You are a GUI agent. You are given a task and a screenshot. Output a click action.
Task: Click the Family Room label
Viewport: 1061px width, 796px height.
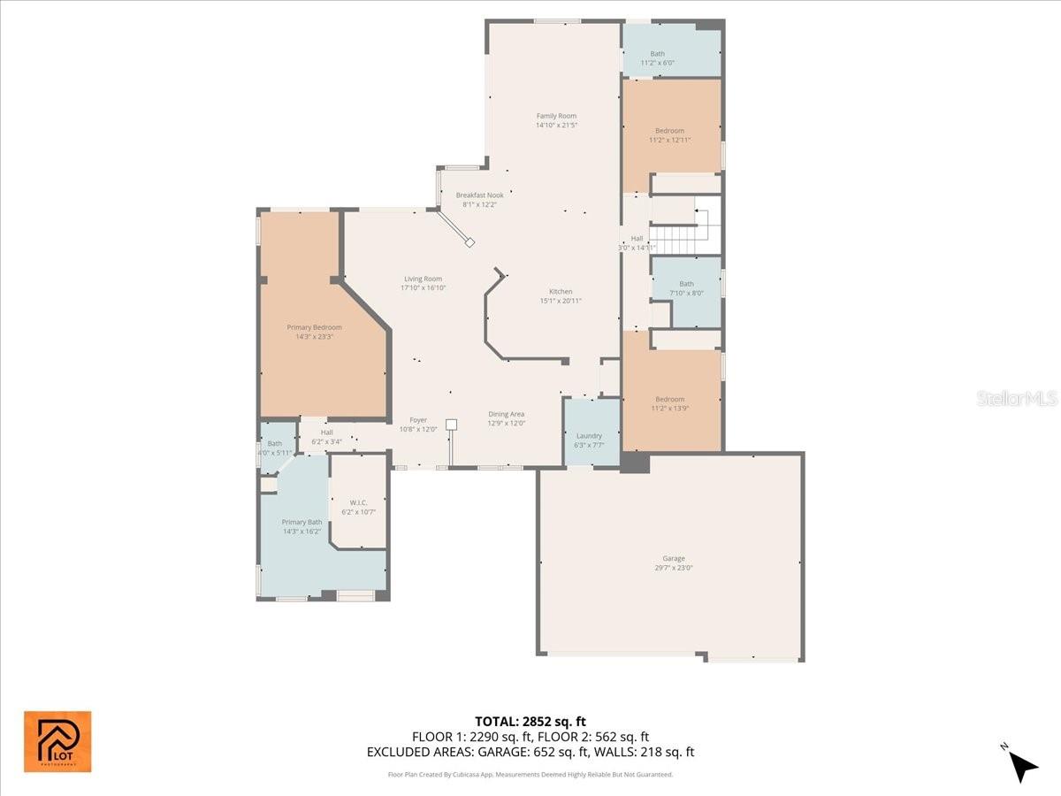(555, 120)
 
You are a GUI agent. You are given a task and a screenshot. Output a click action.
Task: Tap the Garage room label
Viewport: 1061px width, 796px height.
(674, 563)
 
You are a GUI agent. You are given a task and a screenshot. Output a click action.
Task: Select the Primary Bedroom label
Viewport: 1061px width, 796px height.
(314, 332)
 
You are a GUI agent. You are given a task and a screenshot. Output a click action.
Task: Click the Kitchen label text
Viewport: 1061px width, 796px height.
(561, 295)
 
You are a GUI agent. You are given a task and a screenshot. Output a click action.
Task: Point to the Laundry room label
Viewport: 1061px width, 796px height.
(589, 440)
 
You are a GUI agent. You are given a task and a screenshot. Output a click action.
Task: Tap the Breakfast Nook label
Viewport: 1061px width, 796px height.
(479, 199)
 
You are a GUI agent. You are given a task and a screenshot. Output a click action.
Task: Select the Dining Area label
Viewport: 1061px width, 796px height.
(507, 418)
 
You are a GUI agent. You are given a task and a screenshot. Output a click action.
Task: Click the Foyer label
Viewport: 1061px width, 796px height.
(418, 425)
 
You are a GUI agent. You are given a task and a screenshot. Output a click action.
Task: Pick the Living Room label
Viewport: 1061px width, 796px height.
(423, 283)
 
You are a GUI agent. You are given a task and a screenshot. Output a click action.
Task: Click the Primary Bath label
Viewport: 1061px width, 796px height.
(302, 526)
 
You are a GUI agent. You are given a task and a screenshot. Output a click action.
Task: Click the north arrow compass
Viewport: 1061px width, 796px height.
(1021, 762)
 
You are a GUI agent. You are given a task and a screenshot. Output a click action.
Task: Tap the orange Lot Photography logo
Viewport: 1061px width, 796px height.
(57, 741)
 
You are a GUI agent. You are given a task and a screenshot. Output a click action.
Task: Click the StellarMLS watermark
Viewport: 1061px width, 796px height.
(1016, 399)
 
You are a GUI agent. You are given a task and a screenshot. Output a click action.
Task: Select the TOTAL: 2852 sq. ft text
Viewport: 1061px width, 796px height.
(530, 721)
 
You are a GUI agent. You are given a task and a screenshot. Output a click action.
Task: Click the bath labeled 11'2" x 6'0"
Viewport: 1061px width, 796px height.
(657, 58)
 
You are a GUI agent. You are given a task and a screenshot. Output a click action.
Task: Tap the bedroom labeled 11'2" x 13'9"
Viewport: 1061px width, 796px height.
(669, 403)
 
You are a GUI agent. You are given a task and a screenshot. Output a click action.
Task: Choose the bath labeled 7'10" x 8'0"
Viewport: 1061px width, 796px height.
(686, 288)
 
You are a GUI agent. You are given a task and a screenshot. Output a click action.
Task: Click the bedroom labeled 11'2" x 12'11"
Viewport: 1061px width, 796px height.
(669, 135)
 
